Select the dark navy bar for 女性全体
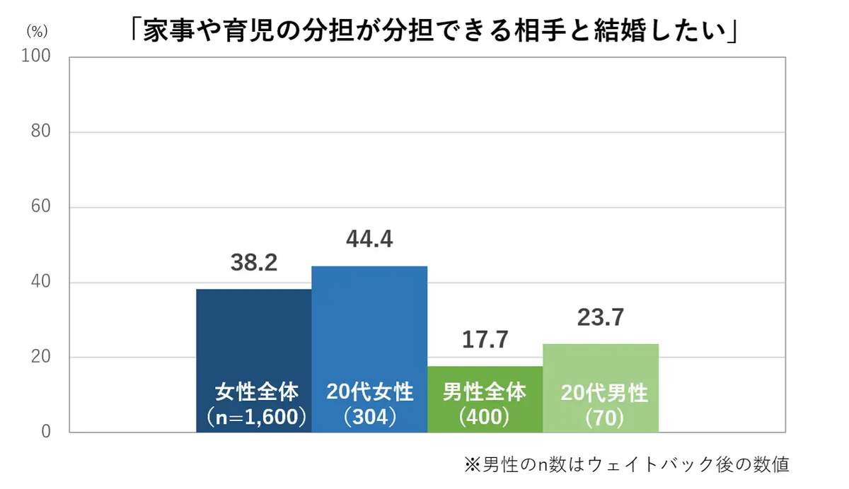(253, 332)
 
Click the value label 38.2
(253, 264)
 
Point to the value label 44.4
(369, 240)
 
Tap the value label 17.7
(485, 340)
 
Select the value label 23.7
(601, 317)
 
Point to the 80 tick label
(39, 132)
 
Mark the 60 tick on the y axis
(39, 208)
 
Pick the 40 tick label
(39, 283)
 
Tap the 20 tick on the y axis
(39, 358)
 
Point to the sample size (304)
(369, 417)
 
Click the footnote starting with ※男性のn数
(626, 464)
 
